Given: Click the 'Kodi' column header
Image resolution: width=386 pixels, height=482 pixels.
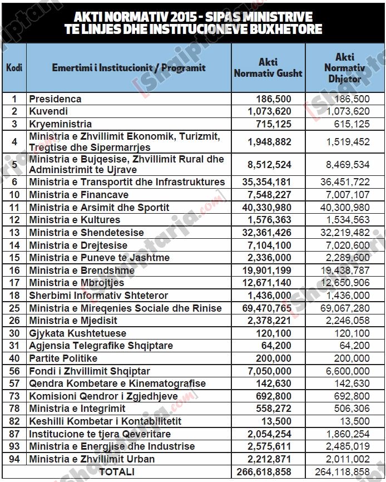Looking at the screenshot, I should (14, 68).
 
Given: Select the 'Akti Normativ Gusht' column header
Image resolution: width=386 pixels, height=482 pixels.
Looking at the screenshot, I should (268, 68).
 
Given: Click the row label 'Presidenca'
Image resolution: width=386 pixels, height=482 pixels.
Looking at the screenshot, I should (55, 99).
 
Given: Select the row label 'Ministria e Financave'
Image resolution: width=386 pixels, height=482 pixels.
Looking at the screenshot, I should (78, 195).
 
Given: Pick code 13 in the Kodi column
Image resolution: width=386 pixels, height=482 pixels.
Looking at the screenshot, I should (14, 233).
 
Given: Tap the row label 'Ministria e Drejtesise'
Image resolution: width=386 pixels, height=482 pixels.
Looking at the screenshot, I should (78, 245).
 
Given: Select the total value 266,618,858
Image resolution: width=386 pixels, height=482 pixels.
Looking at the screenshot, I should (266, 472).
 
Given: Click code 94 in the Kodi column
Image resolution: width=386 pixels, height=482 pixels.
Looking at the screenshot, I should (14, 459).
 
